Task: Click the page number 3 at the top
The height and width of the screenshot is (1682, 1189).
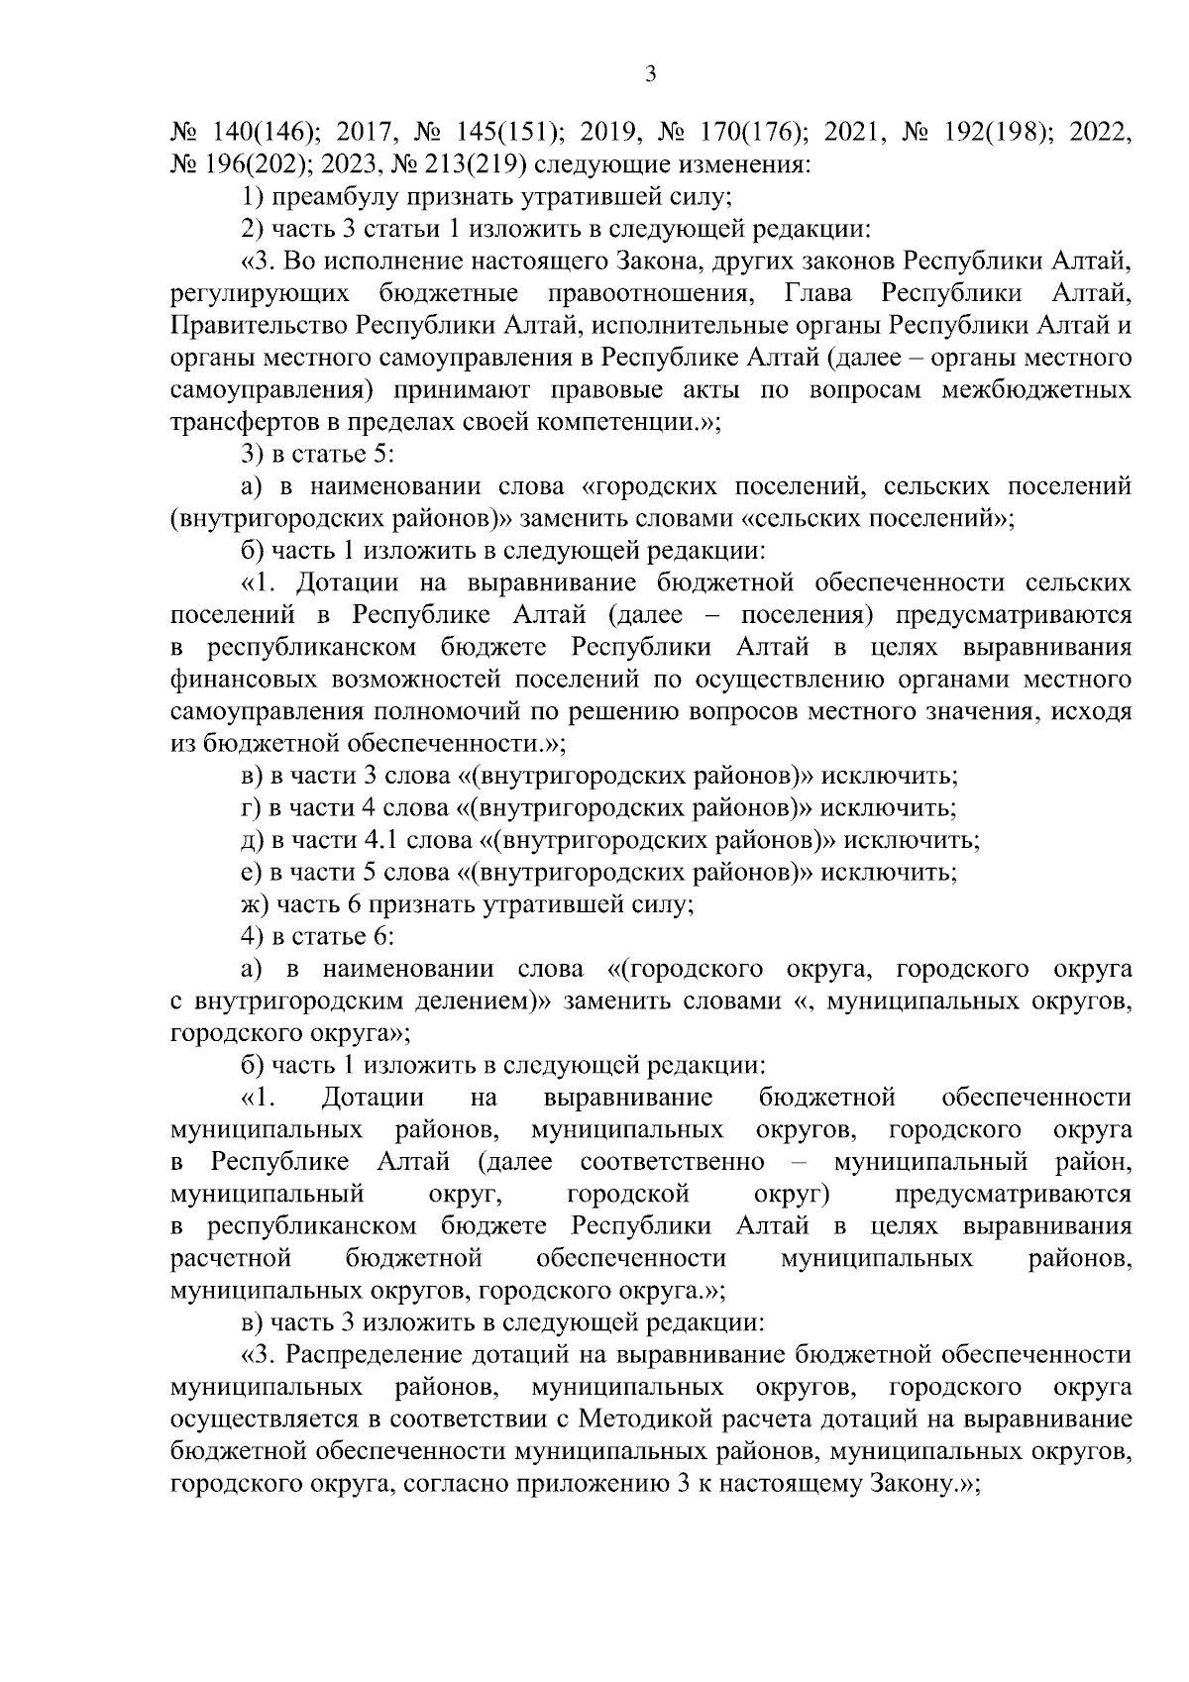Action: tap(651, 76)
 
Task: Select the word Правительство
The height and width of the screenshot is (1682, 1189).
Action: tap(259, 326)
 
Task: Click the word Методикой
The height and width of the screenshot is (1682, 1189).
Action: tap(646, 1419)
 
